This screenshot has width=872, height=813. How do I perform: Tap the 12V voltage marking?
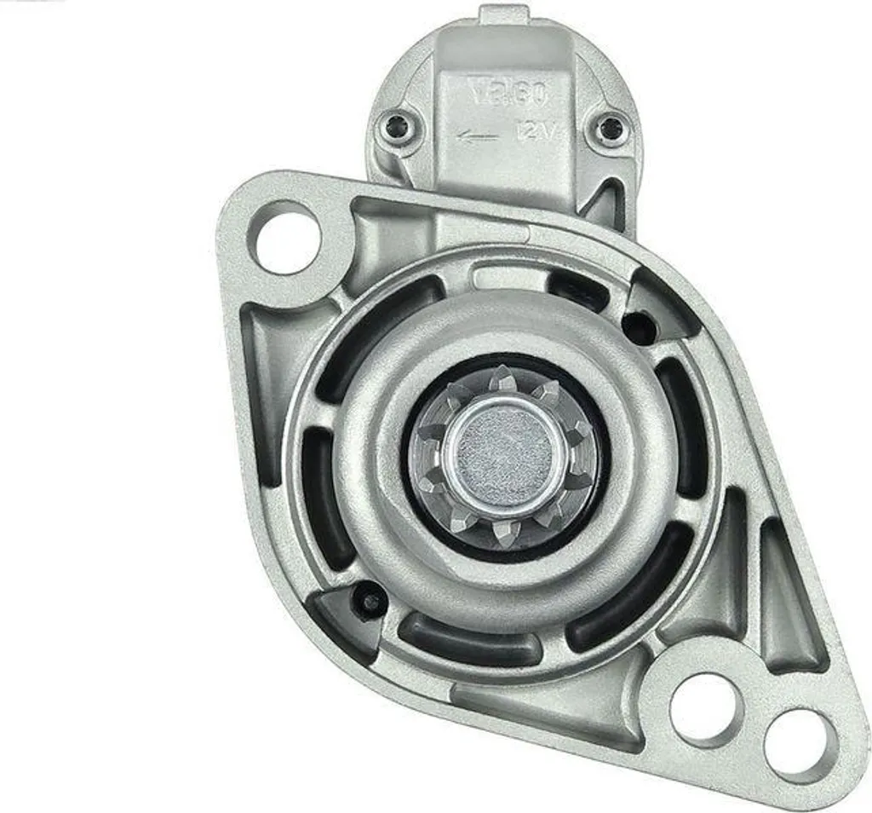(x=535, y=132)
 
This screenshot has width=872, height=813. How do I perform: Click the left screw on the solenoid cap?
(x=395, y=128)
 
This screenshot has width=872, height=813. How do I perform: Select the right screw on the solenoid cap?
(x=610, y=130)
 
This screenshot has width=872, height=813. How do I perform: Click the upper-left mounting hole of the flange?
(x=284, y=237)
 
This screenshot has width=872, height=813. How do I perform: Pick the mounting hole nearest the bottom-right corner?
(x=798, y=745)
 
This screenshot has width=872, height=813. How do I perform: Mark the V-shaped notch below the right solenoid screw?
(x=611, y=205)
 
